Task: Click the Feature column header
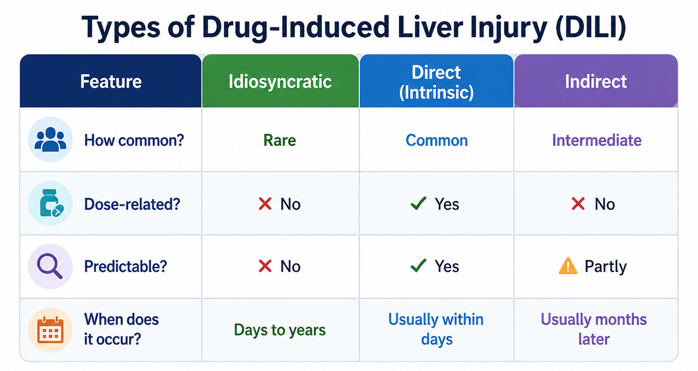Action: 111,81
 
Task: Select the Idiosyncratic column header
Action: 280,82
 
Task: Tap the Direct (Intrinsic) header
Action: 436,82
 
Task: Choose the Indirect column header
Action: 596,82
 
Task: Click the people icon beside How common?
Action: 50,140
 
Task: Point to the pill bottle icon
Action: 51,203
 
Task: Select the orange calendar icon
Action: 50,330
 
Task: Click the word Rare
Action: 280,140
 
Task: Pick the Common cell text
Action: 437,140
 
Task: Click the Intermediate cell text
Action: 597,140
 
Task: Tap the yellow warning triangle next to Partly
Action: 568,265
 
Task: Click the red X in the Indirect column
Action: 578,204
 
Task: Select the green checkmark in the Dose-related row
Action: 418,204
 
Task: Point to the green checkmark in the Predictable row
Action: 418,265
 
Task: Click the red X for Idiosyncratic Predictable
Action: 265,266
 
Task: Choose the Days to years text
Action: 280,330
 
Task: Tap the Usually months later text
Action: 594,329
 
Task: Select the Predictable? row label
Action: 126,267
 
